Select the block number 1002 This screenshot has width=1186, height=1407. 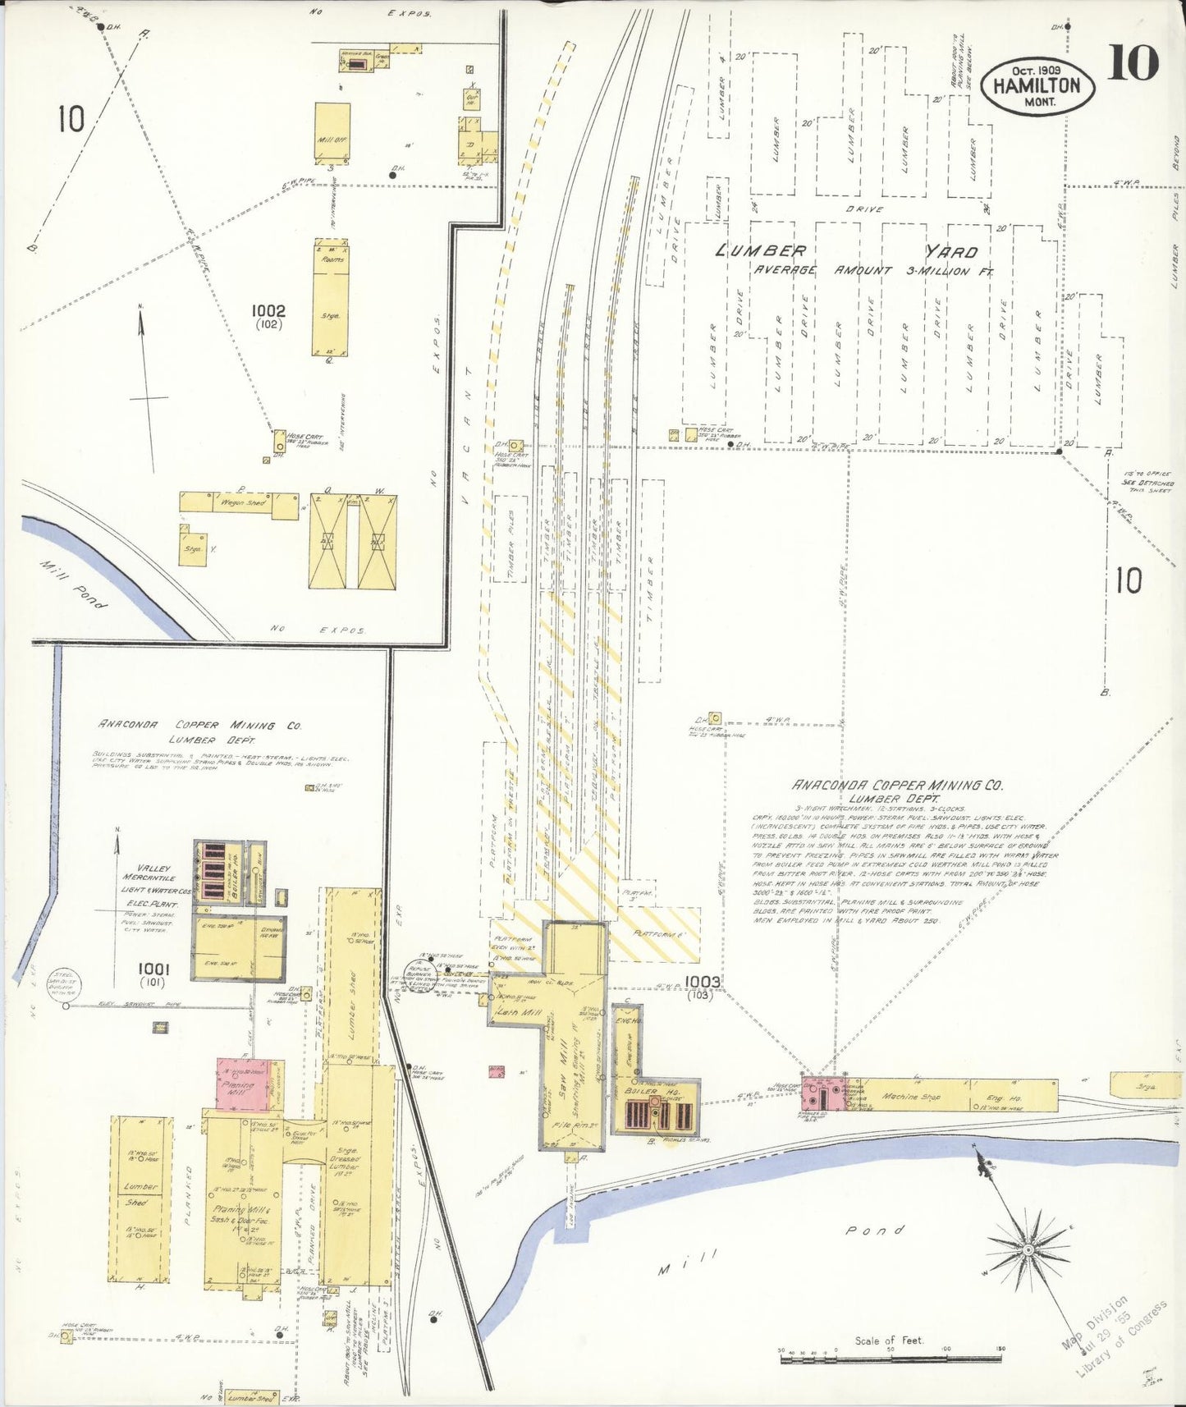click(x=268, y=311)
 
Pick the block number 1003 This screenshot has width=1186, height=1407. click(x=703, y=981)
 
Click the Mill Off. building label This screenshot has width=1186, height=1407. click(x=332, y=140)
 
